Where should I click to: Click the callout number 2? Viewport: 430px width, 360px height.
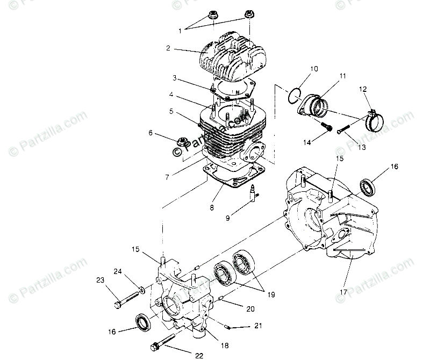pyautogui.click(x=168, y=48)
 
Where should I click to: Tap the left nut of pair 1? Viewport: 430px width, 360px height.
pyautogui.click(x=211, y=16)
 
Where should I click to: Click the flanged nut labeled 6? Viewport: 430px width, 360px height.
pyautogui.click(x=182, y=142)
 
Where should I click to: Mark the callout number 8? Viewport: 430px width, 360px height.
pyautogui.click(x=212, y=206)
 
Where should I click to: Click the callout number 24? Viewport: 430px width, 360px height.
pyautogui.click(x=117, y=271)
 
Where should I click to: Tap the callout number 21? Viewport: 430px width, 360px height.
pyautogui.click(x=258, y=326)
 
